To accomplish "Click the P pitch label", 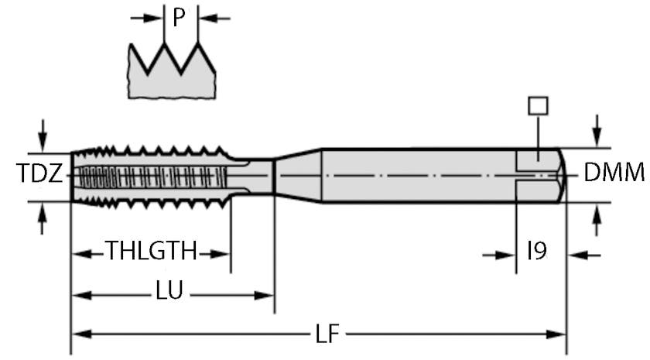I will point(180,17).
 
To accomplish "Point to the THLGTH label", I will point(151,252).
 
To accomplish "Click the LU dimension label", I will point(169,293).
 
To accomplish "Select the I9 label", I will point(538,252).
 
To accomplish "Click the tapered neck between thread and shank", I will point(298,175).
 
